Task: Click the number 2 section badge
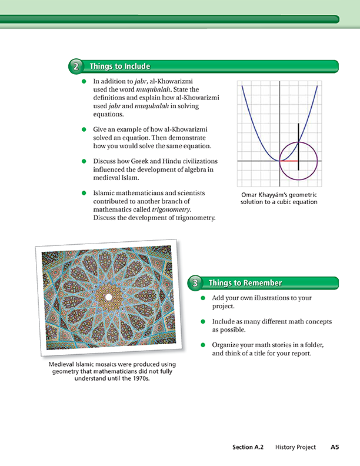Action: click(76, 66)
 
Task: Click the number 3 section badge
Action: click(195, 284)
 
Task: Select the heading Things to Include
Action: click(120, 66)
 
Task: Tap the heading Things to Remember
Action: click(245, 284)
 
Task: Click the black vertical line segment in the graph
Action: click(298, 147)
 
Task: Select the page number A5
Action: click(335, 447)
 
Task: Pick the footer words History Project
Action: click(295, 447)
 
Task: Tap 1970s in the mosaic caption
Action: click(138, 380)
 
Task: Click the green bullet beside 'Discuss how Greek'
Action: click(85, 161)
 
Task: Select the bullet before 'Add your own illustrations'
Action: click(203, 298)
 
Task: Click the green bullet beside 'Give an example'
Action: click(85, 129)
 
